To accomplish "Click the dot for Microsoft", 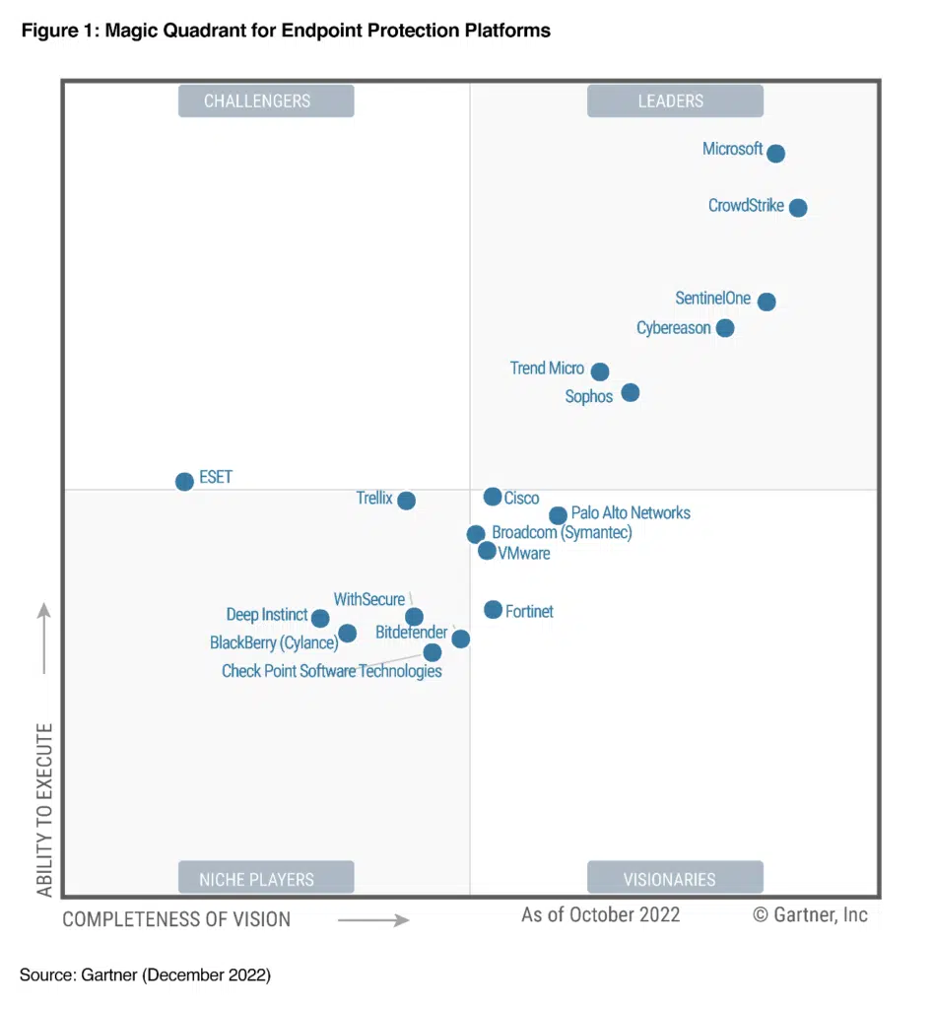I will pyautogui.click(x=775, y=154).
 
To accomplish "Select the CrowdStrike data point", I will pyautogui.click(x=798, y=208).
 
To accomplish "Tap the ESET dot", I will pyautogui.click(x=184, y=482).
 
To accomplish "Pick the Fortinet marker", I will pyautogui.click(x=493, y=610).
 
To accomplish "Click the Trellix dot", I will pyautogui.click(x=406, y=501).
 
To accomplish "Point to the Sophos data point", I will pyautogui.click(x=631, y=393).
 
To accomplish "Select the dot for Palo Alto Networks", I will pyautogui.click(x=558, y=515).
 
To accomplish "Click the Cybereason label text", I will pyautogui.click(x=673, y=328).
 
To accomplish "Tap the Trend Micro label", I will pyautogui.click(x=547, y=369).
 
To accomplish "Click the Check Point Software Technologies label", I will pyautogui.click(x=331, y=672).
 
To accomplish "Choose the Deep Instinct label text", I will pyautogui.click(x=266, y=615).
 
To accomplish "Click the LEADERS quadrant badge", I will pyautogui.click(x=675, y=101).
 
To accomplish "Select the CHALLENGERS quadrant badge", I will pyautogui.click(x=266, y=101).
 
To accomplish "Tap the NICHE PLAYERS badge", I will pyautogui.click(x=266, y=879).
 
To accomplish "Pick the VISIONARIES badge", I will pyautogui.click(x=675, y=879).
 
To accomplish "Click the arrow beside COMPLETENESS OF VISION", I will pyautogui.click(x=373, y=920).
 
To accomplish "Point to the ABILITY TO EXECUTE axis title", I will pyautogui.click(x=45, y=810).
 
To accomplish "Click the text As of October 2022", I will pyautogui.click(x=600, y=914).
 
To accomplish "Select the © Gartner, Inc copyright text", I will pyautogui.click(x=810, y=914).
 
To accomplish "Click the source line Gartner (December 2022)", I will pyautogui.click(x=145, y=975).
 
